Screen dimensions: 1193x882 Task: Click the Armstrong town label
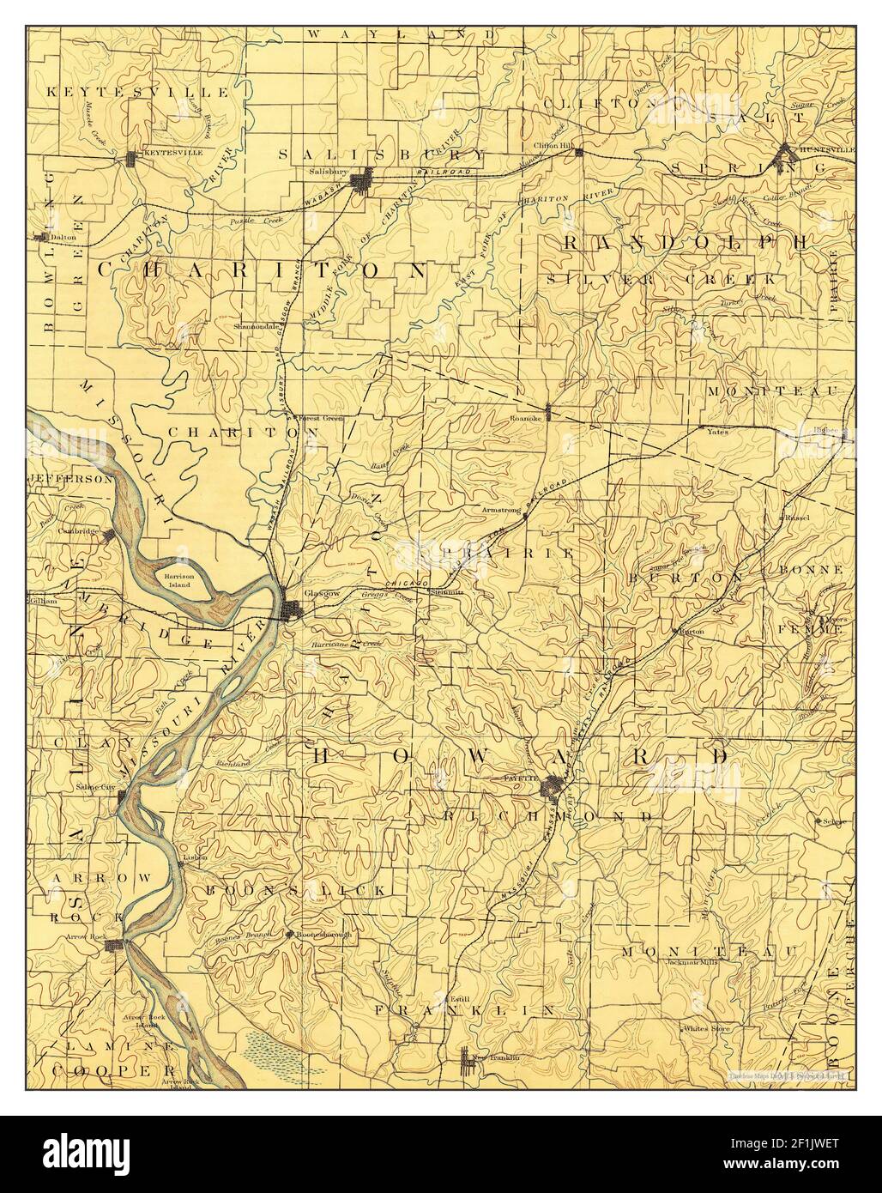tap(502, 510)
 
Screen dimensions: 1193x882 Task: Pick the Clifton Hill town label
tap(556, 146)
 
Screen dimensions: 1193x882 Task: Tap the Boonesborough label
tap(324, 935)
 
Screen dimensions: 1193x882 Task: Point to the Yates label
tap(717, 432)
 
